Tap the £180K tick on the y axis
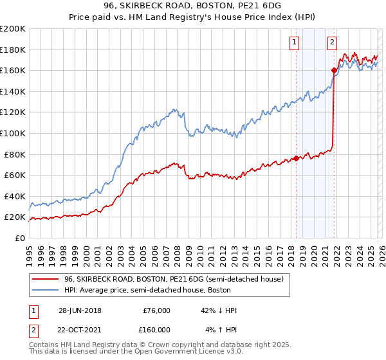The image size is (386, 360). coord(13,50)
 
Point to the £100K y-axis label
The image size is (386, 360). coord(13,133)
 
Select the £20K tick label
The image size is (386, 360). coord(14,217)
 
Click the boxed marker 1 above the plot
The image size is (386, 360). coord(294,43)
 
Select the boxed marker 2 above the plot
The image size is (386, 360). coord(333,43)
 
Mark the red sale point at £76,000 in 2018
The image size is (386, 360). coord(296,158)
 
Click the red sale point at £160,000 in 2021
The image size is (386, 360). coord(334,70)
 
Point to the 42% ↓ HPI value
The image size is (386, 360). coord(219,310)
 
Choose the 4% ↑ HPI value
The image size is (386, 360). coord(219,330)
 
